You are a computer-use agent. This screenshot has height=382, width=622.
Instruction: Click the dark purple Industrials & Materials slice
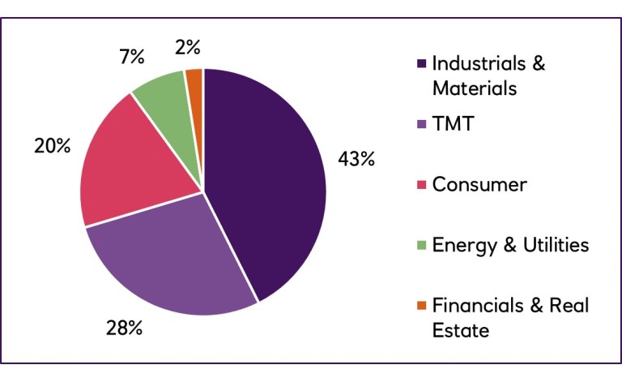point(267,178)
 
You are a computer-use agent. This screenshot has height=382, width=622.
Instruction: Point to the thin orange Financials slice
point(194,89)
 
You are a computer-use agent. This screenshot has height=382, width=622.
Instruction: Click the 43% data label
point(356,159)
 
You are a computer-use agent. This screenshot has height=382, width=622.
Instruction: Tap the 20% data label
point(52,147)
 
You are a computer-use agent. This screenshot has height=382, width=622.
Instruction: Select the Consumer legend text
point(479,184)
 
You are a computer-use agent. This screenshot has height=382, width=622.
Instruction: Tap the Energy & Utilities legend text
point(510,244)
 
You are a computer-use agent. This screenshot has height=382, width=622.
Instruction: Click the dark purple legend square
point(420,64)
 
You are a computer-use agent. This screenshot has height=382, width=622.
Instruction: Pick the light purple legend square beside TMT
point(420,125)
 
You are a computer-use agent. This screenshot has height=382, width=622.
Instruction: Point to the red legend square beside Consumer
point(420,185)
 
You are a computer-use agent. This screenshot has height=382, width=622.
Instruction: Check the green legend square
point(420,245)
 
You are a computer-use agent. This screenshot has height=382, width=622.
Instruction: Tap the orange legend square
point(420,306)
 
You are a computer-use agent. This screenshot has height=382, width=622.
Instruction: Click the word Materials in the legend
point(474,88)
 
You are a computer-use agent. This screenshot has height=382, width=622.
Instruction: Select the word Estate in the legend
point(461,330)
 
